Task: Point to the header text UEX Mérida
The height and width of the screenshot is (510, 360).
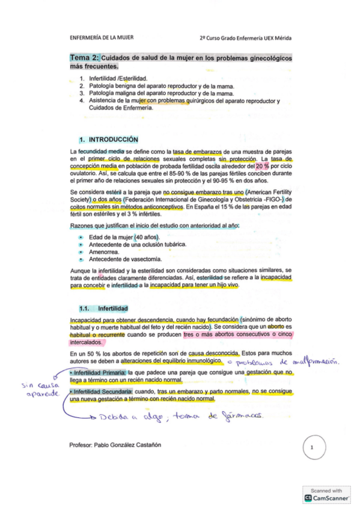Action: (277, 37)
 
